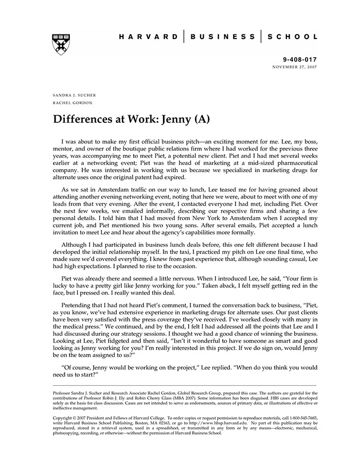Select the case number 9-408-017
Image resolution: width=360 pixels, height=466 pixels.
300,60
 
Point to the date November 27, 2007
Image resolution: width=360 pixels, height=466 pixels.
295,67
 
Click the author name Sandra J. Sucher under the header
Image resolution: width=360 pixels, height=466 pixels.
74,96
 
